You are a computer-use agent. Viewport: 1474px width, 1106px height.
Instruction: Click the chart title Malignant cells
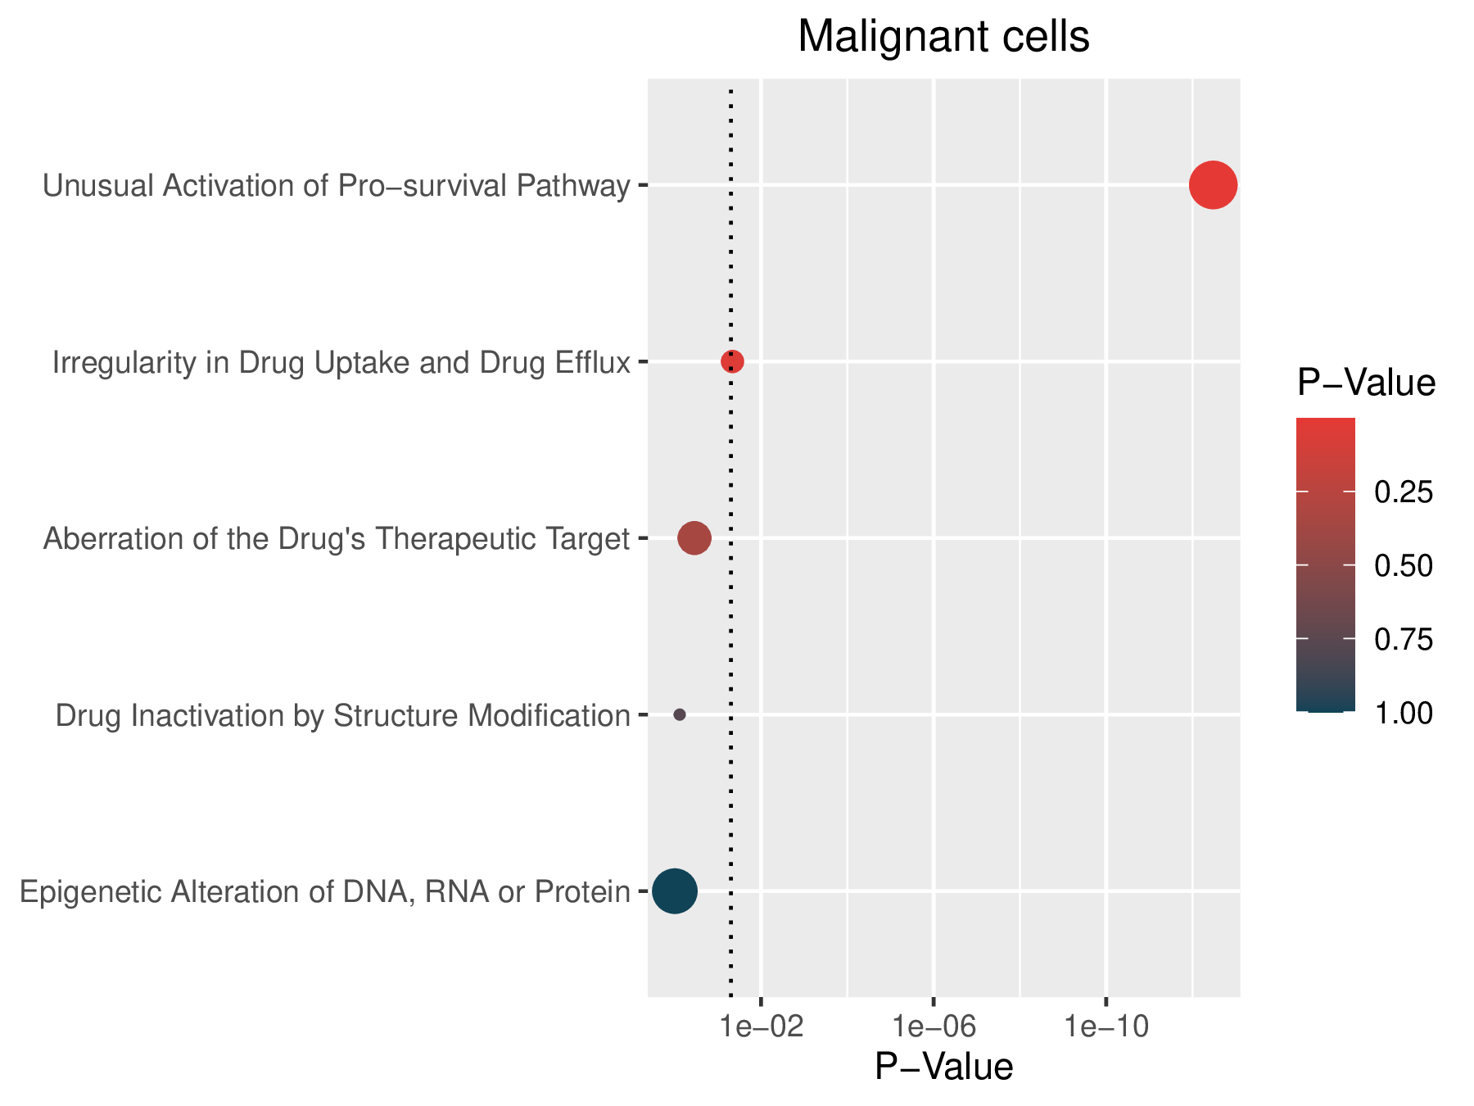pos(943,37)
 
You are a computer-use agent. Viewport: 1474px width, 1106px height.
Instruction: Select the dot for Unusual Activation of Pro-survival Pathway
pos(1213,185)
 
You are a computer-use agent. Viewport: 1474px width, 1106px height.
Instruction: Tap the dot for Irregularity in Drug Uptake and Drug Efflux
pos(732,361)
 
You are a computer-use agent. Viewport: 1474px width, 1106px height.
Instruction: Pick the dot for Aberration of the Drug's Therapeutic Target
pos(694,538)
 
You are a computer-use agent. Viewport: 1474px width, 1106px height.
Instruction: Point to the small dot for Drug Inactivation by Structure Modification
pos(679,714)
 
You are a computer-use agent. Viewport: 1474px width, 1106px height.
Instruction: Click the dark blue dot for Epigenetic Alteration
pos(675,891)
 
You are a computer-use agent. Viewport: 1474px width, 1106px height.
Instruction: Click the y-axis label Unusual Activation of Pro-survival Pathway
pos(337,186)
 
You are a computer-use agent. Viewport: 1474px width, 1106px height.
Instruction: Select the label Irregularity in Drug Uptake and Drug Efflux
pos(341,362)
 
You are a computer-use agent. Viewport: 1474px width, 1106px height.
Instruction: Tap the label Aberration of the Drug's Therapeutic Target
pos(337,539)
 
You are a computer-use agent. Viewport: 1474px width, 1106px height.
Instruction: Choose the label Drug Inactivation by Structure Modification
pos(343,716)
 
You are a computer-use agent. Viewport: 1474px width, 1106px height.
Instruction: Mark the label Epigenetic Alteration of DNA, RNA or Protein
pos(325,892)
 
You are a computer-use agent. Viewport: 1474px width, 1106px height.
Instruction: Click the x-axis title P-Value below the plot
pos(944,1067)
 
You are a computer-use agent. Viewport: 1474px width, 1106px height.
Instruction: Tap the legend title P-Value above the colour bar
pos(1367,383)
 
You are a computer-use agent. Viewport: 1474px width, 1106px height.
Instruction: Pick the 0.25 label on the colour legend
pos(1404,492)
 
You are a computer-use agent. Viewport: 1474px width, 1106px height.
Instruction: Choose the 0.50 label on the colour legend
pos(1404,566)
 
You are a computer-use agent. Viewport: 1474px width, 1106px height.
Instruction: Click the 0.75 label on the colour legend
pos(1404,640)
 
